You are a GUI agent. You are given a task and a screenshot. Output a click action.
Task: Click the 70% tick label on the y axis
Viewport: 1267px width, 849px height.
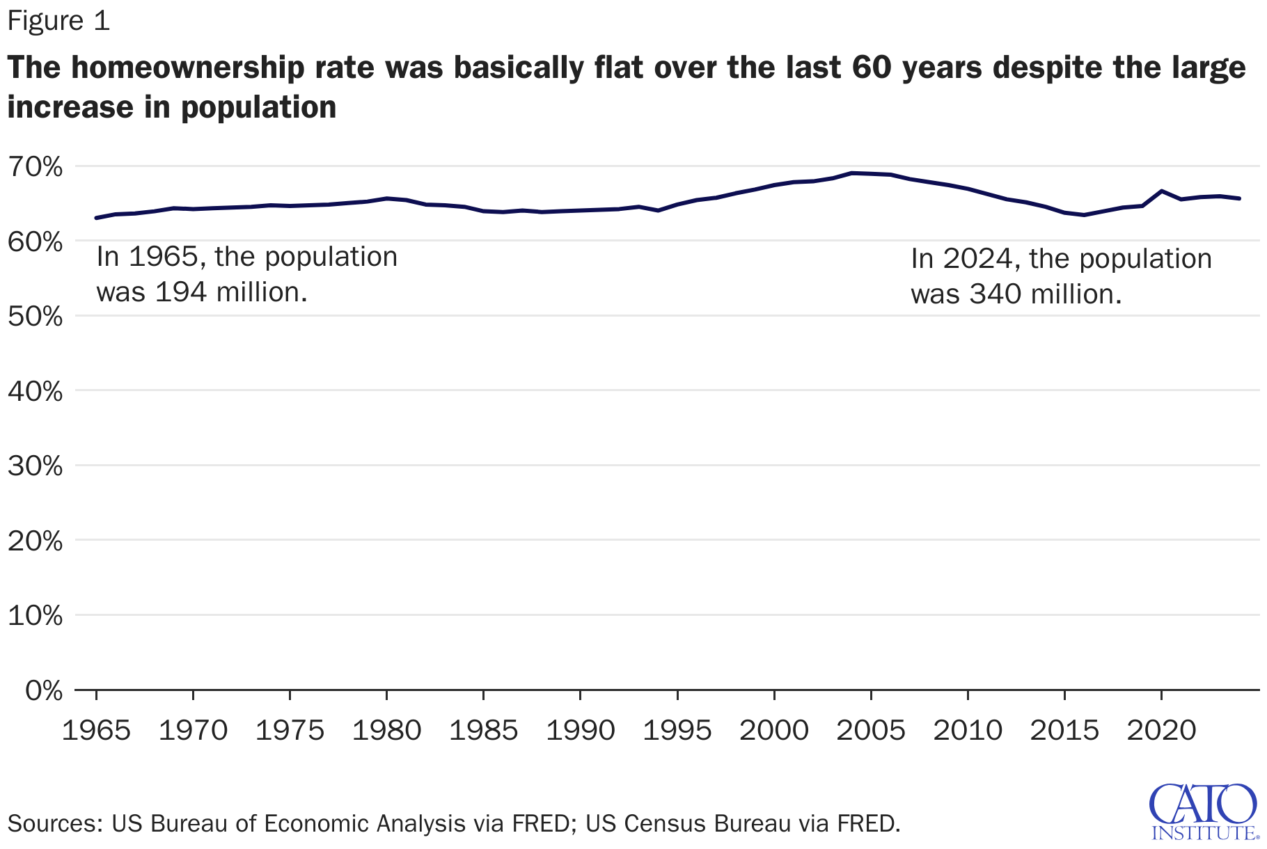35,167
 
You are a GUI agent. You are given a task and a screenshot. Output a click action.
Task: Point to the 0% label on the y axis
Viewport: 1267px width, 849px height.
44,691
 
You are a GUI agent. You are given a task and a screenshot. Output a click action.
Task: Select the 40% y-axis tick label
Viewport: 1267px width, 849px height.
35,392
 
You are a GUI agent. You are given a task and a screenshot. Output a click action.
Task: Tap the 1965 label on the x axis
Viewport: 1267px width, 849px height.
96,731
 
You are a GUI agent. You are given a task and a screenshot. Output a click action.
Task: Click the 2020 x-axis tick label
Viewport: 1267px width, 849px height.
1161,731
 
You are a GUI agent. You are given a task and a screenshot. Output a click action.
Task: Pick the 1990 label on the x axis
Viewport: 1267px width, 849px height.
580,731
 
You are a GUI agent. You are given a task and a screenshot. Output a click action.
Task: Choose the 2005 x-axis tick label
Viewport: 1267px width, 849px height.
870,731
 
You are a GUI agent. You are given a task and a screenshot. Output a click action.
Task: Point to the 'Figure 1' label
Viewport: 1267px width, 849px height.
58,21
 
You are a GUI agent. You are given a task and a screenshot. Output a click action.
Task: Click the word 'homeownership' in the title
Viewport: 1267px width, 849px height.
188,68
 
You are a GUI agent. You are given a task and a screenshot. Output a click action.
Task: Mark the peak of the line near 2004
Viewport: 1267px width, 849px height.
851,173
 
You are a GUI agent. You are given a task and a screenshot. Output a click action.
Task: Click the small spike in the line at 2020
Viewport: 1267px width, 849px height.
1161,191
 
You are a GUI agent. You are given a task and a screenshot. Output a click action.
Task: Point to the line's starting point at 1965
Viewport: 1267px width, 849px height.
96,218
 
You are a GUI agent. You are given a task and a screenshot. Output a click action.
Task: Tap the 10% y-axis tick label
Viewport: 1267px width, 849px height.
35,616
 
